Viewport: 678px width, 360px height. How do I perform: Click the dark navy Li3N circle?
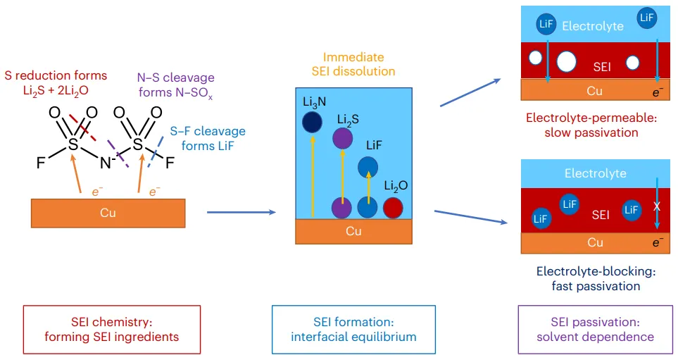[312, 122]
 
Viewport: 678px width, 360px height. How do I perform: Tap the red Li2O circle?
[393, 208]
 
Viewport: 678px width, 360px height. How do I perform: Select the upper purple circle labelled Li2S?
[342, 139]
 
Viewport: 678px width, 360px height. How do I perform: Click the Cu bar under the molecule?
[108, 213]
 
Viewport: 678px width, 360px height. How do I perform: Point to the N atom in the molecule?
[106, 163]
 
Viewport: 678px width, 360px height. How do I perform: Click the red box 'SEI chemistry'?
[111, 330]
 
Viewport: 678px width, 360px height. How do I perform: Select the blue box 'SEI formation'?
[353, 330]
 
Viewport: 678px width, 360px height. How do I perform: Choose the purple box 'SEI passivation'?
[596, 330]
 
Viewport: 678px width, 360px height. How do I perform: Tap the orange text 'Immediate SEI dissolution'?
[353, 64]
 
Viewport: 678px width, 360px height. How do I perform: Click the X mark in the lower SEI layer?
[657, 206]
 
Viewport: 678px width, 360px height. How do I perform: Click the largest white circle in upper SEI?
[567, 61]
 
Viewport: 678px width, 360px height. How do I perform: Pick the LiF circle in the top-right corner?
[646, 18]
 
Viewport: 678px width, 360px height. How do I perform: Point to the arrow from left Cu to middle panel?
[241, 212]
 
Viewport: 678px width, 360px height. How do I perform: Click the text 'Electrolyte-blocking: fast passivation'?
[596, 279]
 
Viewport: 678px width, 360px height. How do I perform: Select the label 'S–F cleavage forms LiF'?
[208, 139]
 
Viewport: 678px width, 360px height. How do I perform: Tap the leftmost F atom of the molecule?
[41, 163]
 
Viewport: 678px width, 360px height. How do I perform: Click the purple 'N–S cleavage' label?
[175, 85]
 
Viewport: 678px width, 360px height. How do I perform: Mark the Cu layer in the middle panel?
[353, 232]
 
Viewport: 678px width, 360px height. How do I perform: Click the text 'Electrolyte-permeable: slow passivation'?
[591, 125]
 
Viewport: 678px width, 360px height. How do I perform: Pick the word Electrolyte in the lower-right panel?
[596, 173]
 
